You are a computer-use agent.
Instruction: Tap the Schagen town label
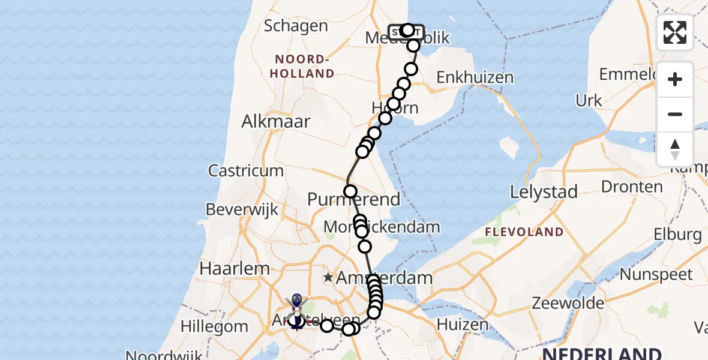[296, 26]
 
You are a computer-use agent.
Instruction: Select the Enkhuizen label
[475, 77]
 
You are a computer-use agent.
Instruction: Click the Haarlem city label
[226, 268]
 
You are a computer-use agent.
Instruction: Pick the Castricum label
[246, 170]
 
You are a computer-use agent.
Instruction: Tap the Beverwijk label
[242, 209]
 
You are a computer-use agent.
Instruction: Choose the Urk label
[589, 100]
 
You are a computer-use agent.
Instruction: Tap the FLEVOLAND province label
[524, 232]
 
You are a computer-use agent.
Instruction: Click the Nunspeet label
[656, 275]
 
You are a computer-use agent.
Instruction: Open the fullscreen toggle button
[675, 32]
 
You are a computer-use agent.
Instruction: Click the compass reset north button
[675, 149]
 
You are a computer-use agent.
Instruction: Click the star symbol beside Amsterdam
[328, 278]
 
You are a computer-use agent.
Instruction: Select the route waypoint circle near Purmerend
[350, 192]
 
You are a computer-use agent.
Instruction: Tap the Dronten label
[632, 186]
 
